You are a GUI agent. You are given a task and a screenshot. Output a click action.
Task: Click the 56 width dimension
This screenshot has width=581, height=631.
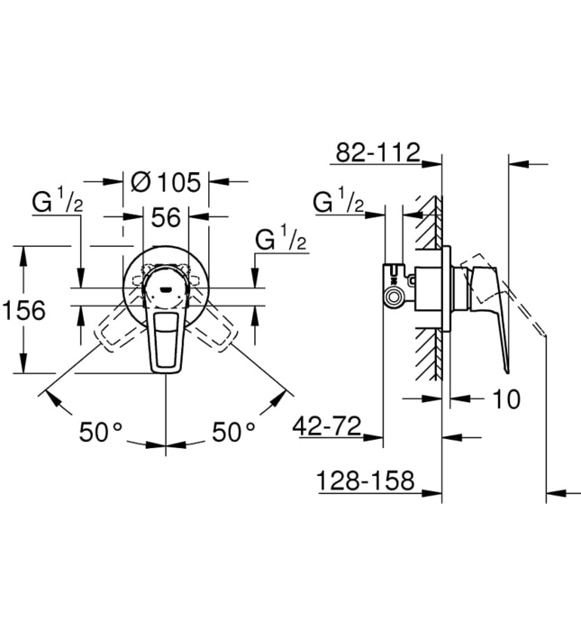167,216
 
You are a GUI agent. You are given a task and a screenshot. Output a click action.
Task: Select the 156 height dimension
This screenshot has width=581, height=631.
23,310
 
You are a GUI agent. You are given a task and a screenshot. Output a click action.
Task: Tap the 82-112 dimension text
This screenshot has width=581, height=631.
377,152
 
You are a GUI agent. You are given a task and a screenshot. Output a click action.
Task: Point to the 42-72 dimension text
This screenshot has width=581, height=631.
328,425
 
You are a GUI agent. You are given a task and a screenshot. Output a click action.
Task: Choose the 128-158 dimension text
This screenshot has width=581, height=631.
365,481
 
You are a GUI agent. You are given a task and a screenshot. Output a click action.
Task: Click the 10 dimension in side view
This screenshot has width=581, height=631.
507,398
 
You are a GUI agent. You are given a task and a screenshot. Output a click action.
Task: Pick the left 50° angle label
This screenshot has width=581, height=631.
99,432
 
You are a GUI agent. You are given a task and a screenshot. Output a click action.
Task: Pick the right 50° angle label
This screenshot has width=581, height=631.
233,432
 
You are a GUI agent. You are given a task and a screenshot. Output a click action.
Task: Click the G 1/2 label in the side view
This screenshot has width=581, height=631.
339,203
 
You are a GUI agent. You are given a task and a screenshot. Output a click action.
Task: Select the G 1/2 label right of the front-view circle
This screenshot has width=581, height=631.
281,241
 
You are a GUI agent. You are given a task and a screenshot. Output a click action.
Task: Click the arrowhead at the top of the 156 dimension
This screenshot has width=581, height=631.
23,252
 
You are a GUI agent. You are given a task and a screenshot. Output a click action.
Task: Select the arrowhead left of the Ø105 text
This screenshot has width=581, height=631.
118,181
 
